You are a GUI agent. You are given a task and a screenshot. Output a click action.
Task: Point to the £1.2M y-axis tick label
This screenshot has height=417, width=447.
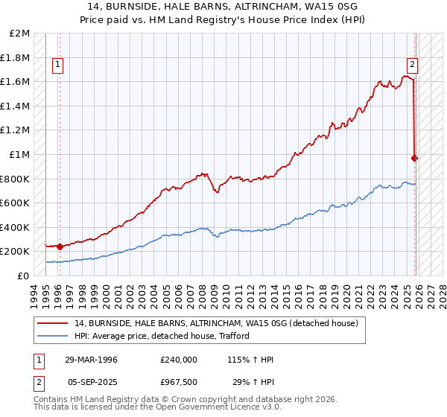(16, 130)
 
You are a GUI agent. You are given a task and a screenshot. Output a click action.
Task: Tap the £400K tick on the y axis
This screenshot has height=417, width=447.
(16, 227)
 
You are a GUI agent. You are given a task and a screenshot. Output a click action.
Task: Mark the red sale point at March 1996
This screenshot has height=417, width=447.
(60, 246)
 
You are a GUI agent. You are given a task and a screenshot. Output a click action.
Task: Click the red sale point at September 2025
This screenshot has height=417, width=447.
(415, 158)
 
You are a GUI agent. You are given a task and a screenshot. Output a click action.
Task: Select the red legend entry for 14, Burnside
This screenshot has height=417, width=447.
(216, 323)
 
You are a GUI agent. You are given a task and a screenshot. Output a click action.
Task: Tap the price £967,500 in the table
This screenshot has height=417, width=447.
(179, 382)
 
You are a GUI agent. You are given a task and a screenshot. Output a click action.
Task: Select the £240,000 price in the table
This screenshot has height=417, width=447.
(179, 360)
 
